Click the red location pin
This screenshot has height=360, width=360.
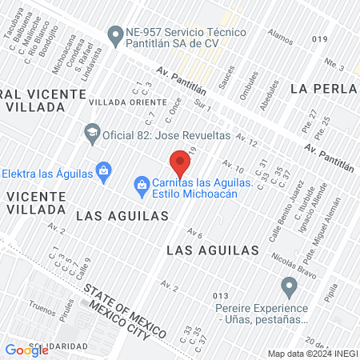pyautogui.click(x=181, y=162)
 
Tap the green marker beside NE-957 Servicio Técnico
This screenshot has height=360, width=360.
pyautogui.click(x=114, y=34)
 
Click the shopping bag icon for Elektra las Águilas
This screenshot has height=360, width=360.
pyautogui.click(x=102, y=170)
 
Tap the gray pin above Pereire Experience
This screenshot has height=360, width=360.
pyautogui.click(x=289, y=286)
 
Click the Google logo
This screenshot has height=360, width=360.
pyautogui.click(x=26, y=350)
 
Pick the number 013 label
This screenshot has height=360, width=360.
pyautogui.click(x=221, y=296)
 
